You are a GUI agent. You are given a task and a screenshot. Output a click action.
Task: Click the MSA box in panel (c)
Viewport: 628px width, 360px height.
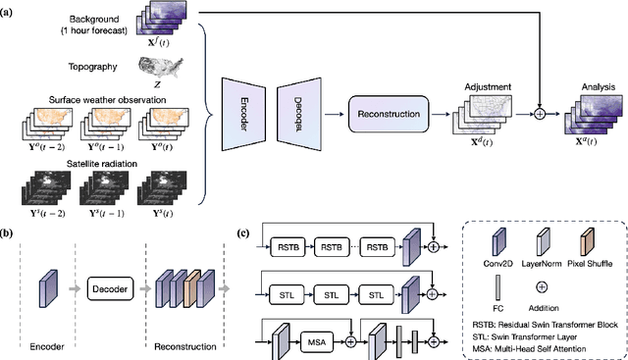tap(314, 343)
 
